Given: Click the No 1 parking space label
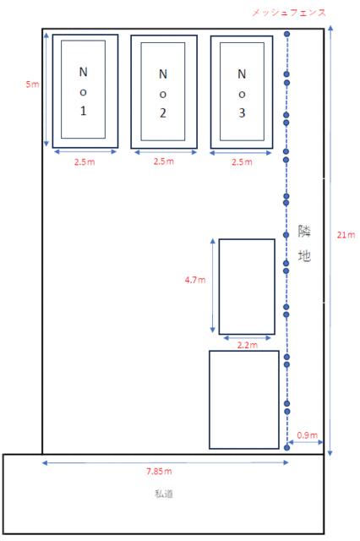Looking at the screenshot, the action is [x=83, y=91].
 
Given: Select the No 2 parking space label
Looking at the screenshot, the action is [x=163, y=94].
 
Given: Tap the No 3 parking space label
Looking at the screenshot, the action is [x=242, y=94].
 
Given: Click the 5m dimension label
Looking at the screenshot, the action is [x=32, y=84].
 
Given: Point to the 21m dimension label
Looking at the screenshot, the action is [x=346, y=235].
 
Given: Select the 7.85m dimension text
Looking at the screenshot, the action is [x=159, y=471].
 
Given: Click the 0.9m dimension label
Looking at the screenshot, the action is [x=308, y=435].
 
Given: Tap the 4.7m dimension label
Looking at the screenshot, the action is [x=195, y=280].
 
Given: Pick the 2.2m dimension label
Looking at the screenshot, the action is [x=248, y=345].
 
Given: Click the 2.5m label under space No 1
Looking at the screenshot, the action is [x=85, y=161].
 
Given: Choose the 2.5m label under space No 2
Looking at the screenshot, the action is [x=164, y=161].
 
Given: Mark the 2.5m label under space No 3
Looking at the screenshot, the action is [x=242, y=161].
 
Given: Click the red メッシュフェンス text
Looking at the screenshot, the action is [x=289, y=13].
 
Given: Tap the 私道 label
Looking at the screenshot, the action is [x=163, y=494].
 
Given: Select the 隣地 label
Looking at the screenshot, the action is [x=304, y=243].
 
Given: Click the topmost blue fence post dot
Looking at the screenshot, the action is [x=286, y=34].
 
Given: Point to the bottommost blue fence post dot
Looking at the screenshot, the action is [x=286, y=447].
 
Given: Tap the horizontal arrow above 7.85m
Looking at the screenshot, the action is [x=165, y=462].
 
